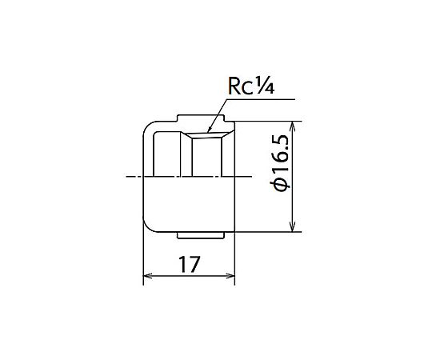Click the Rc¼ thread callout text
[x=251, y=86]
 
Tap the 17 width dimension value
[x=190, y=265]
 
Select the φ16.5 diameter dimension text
[x=281, y=162]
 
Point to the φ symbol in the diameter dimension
[x=281, y=186]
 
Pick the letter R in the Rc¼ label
[x=234, y=86]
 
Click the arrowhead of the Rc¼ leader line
[x=210, y=130]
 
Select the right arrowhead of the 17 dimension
[x=230, y=276]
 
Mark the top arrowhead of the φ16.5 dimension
[x=293, y=126]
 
